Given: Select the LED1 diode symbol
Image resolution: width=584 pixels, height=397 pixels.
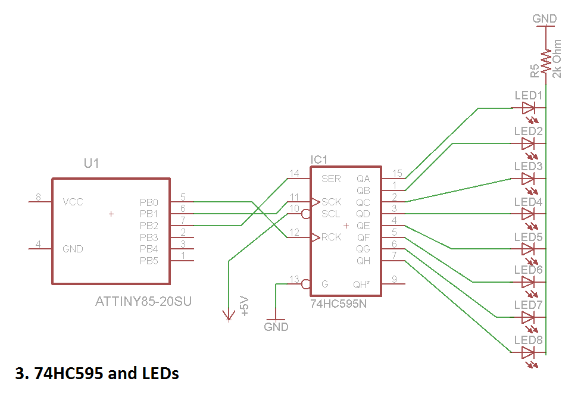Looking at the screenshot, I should pyautogui.click(x=528, y=108).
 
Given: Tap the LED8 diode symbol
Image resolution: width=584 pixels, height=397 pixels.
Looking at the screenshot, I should pyautogui.click(x=528, y=353).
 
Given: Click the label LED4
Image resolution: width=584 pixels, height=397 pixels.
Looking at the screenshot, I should pyautogui.click(x=528, y=202).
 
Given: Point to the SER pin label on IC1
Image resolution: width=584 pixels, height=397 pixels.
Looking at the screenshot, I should pyautogui.click(x=331, y=179).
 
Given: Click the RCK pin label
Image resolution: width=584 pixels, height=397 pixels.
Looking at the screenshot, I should pyautogui.click(x=332, y=237).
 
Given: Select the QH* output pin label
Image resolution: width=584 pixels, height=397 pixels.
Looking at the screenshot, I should pyautogui.click(x=361, y=284).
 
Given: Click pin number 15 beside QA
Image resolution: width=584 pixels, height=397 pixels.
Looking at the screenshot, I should pyautogui.click(x=397, y=174).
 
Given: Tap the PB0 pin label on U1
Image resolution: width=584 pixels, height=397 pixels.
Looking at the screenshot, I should pyautogui.click(x=149, y=202).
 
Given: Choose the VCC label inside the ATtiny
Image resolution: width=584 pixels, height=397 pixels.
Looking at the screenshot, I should pyautogui.click(x=73, y=202).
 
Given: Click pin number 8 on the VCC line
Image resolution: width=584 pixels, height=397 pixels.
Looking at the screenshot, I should pyautogui.click(x=38, y=197).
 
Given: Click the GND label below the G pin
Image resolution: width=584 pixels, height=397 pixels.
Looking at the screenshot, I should pyautogui.click(x=276, y=327).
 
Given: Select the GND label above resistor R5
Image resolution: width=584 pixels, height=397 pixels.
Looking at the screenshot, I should pyautogui.click(x=544, y=19).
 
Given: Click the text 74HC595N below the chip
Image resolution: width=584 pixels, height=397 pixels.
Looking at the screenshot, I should pyautogui.click(x=338, y=304).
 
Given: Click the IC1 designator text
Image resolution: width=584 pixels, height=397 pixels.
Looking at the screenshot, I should pyautogui.click(x=319, y=160).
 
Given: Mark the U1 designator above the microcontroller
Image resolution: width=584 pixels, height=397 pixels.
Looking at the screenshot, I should pyautogui.click(x=90, y=164).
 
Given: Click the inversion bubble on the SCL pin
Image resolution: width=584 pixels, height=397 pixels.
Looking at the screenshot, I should pyautogui.click(x=305, y=214).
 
